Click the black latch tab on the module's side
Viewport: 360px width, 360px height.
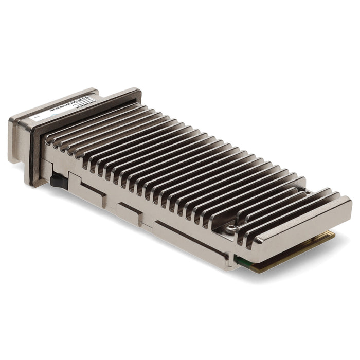point(58,181)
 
